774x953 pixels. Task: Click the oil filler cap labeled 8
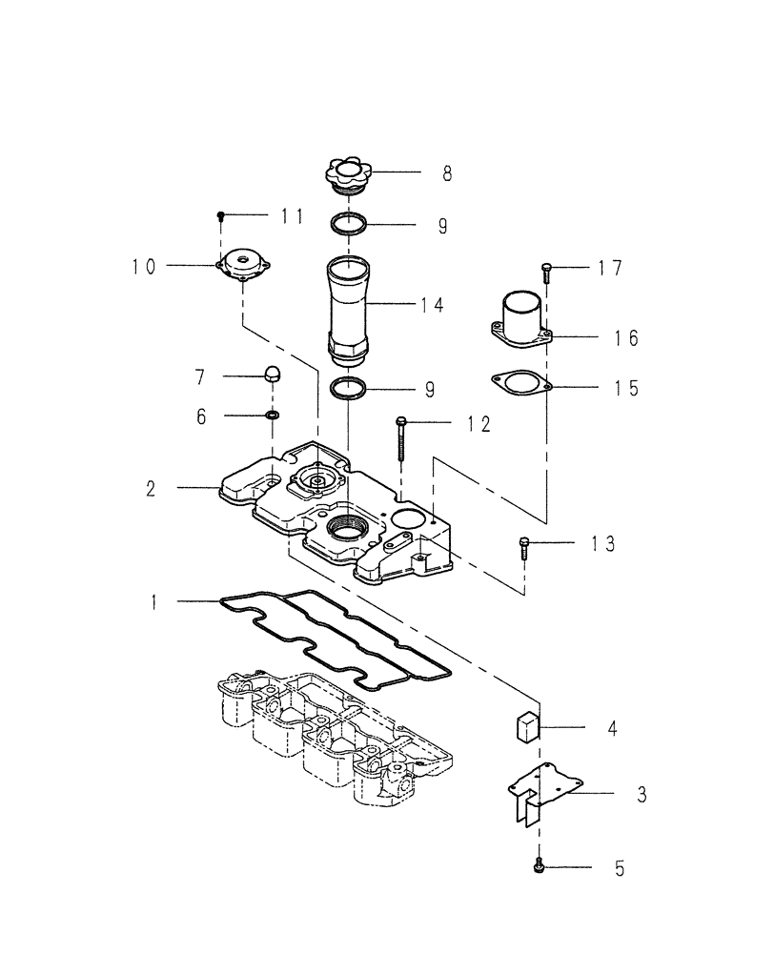pos(349,177)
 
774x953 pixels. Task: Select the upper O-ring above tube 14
pos(349,225)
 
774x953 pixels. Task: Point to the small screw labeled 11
pos(221,216)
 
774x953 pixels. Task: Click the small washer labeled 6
pos(273,416)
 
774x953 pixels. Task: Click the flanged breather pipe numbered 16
pos(521,323)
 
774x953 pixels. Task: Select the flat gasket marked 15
pos(520,383)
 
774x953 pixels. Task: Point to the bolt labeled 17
pos(546,273)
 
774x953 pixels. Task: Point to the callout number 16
pos(625,338)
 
